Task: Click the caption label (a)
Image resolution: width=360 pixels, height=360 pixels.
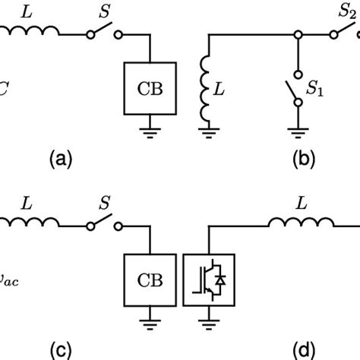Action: click(x=61, y=159)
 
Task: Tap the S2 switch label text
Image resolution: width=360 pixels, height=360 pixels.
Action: click(x=346, y=11)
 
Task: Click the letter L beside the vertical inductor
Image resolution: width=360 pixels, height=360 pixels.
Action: click(x=229, y=90)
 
